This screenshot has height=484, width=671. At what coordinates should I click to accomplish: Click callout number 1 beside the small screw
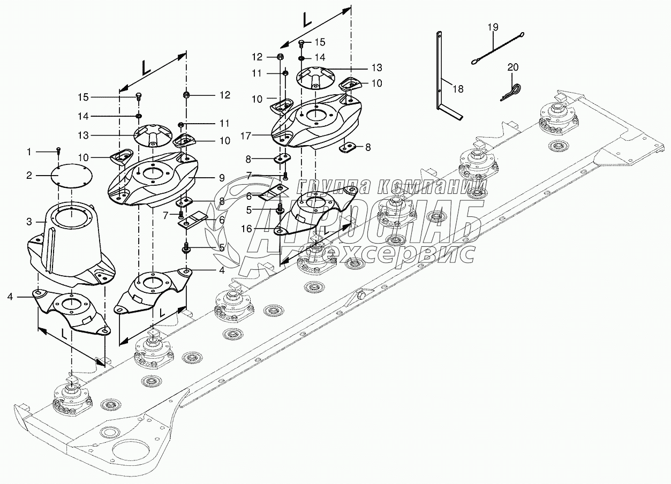click(29, 153)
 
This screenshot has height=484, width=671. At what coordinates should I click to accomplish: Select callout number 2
click(29, 175)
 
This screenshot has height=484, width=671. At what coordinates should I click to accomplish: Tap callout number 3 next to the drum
click(29, 221)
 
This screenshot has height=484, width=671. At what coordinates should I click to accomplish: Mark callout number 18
click(458, 89)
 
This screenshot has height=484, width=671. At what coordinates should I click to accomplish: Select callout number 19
click(493, 26)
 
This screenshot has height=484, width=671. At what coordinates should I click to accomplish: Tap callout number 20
click(513, 67)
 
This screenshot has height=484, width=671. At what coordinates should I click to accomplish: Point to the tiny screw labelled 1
click(58, 153)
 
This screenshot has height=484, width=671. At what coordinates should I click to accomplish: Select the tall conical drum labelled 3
click(72, 236)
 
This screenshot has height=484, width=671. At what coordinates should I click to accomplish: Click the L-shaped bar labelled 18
click(441, 80)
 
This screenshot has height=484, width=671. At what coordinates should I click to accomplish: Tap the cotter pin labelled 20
click(513, 92)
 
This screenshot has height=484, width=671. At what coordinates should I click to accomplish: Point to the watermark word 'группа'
click(332, 186)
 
